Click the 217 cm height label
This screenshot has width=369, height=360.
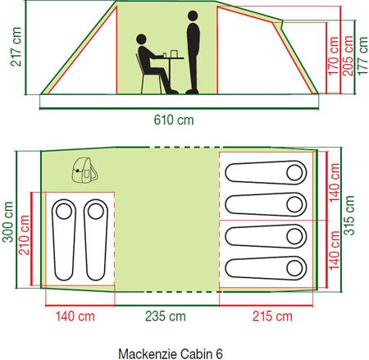pos(16,47)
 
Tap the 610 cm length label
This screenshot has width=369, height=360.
pos(174,120)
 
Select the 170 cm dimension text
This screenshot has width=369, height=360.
pos(333,56)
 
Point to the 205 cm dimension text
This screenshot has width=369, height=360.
pos(348,56)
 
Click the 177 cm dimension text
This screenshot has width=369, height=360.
pos(362,56)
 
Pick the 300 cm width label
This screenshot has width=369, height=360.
pos(7,222)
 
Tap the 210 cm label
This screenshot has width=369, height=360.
pos(24,235)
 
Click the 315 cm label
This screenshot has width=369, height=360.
pos(348,216)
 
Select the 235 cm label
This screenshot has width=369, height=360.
pos(166,317)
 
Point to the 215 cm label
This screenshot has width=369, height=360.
pos(272,317)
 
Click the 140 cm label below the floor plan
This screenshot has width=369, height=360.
pos(75,317)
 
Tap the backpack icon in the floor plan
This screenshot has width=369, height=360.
pos(84,171)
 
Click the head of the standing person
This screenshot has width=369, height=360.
pos(193,16)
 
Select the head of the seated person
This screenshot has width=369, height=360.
pos(141,39)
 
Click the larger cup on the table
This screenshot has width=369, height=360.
pos(174,53)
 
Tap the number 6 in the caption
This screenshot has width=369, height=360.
pos(219,353)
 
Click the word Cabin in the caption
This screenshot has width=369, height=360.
pos(197,353)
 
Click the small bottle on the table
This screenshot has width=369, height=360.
pos(165,55)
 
